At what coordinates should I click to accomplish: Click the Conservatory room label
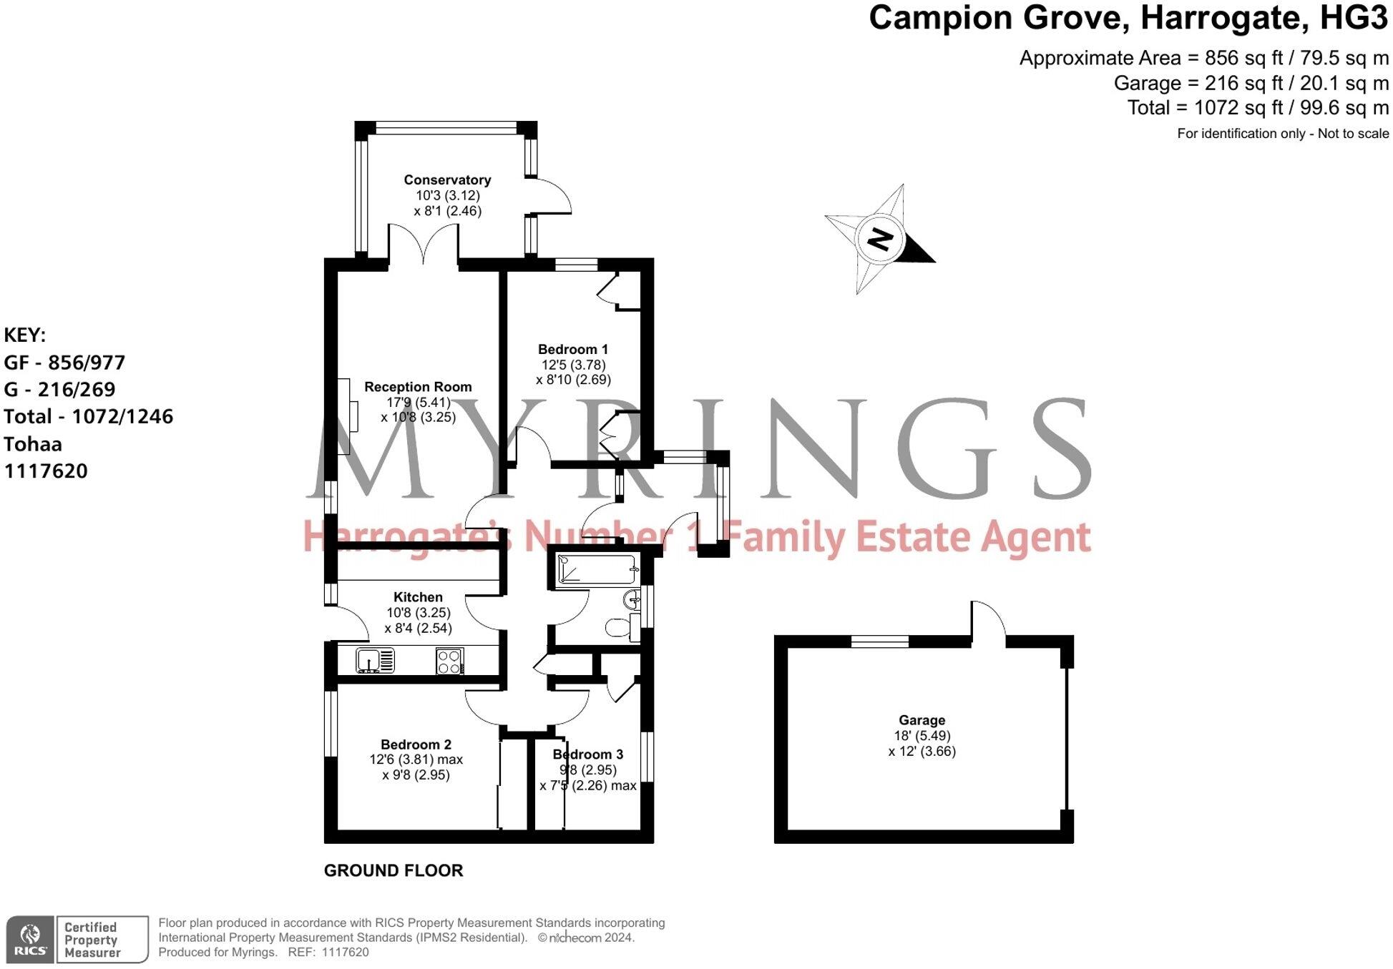tap(447, 180)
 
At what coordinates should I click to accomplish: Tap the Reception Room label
tap(418, 387)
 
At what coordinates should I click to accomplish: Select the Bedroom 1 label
tap(573, 350)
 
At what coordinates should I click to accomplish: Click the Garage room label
tap(922, 720)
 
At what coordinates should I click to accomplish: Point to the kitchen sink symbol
tap(375, 661)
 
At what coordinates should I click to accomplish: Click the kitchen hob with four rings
tap(449, 661)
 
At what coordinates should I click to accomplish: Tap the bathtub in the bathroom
tap(597, 570)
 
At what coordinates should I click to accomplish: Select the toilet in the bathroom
tap(620, 629)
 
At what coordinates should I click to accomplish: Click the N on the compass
tap(880, 239)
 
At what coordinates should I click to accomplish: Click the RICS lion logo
tap(30, 939)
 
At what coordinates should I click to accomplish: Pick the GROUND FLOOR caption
tap(394, 870)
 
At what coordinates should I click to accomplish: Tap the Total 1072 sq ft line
tap(1258, 108)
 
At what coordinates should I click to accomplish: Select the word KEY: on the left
tap(25, 335)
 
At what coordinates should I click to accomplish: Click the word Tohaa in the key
tap(33, 444)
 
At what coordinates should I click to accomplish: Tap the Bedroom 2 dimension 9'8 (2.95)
tap(416, 775)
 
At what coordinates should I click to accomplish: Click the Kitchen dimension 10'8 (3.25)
tap(418, 613)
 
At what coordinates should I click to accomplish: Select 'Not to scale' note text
tap(1352, 134)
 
